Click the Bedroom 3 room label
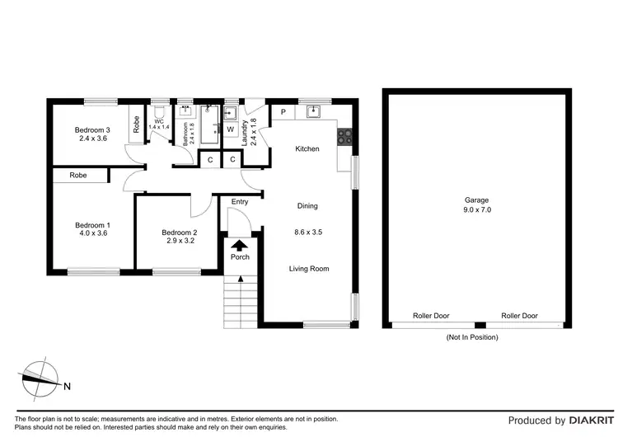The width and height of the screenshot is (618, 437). (92, 129)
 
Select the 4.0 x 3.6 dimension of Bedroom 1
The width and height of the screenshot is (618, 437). (92, 233)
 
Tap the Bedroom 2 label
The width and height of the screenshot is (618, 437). (179, 233)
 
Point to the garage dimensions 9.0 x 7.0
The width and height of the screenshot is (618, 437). (475, 210)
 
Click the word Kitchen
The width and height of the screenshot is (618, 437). (307, 148)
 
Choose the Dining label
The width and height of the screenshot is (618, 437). (307, 206)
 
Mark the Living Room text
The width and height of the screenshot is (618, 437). (309, 269)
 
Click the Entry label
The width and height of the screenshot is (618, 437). (240, 202)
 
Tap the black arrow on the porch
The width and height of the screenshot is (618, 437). (240, 245)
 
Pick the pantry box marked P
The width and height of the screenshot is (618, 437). (283, 112)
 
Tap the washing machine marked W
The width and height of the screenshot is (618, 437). (230, 129)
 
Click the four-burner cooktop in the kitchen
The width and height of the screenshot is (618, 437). (346, 137)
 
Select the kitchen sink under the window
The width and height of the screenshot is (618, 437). (313, 111)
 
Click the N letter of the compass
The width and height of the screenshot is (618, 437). (68, 385)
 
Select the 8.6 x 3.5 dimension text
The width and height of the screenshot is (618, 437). (307, 233)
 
